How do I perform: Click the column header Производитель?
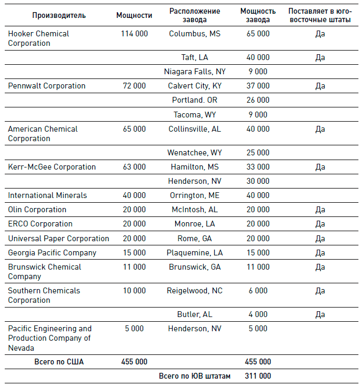pyautogui.click(x=59, y=15)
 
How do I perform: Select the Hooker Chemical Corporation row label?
pyautogui.click(x=38, y=38)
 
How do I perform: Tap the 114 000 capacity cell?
pyautogui.click(x=134, y=34)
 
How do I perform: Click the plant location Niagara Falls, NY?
pyautogui.click(x=195, y=72)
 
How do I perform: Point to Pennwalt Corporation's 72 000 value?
pyautogui.click(x=134, y=86)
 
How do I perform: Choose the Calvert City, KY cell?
pyautogui.click(x=195, y=86)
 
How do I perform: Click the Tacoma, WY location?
pyautogui.click(x=194, y=114)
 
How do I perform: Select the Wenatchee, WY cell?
pyautogui.click(x=195, y=153)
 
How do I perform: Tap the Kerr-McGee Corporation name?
pyautogui.click(x=52, y=167)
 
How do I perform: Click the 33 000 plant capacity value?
pyautogui.click(x=258, y=167)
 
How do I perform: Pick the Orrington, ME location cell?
pyautogui.click(x=195, y=195)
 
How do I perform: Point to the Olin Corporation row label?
pyautogui.click(x=37, y=210)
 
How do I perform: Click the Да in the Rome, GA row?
pyautogui.click(x=320, y=239)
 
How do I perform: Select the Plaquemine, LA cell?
pyautogui.click(x=195, y=253)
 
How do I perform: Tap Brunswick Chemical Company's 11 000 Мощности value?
pyautogui.click(x=134, y=267)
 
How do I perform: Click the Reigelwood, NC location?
pyautogui.click(x=195, y=291)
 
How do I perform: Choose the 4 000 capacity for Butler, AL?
pyautogui.click(x=258, y=314)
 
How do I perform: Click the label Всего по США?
pyautogui.click(x=59, y=362)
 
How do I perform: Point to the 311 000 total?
pyautogui.click(x=258, y=376)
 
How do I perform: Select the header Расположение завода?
pyautogui.click(x=195, y=15)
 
